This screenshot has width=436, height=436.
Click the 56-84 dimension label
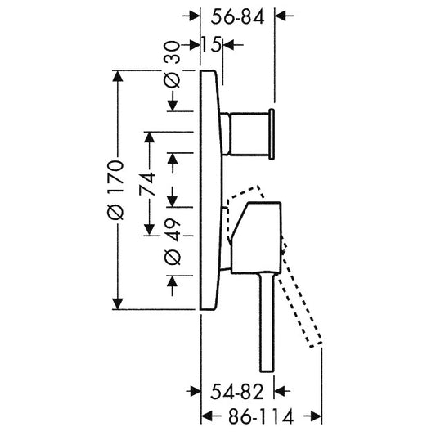(237, 17)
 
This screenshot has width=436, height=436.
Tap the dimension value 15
(211, 44)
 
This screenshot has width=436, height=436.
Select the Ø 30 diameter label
(173, 65)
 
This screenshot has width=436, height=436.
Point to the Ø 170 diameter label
(115, 190)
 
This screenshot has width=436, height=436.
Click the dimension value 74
(146, 183)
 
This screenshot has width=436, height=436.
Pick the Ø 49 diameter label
(173, 241)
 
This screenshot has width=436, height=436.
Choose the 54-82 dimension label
(236, 392)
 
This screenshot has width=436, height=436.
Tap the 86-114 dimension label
(261, 416)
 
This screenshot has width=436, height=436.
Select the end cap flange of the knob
(272, 134)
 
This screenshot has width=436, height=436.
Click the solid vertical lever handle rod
(267, 321)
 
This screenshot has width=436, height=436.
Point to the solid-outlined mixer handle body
(256, 238)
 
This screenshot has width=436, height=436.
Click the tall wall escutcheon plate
(211, 190)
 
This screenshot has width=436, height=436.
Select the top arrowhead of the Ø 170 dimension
(118, 76)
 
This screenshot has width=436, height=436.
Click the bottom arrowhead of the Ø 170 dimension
(118, 303)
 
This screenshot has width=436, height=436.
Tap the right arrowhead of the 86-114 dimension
(316, 416)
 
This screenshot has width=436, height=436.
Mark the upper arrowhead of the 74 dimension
(150, 137)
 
